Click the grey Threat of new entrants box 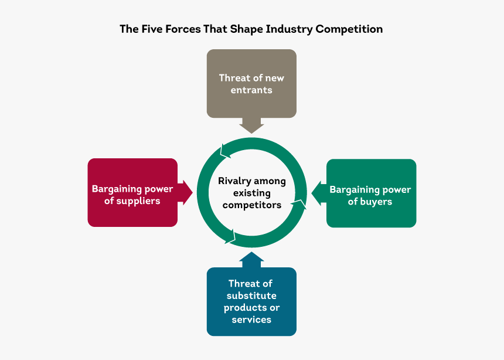click(251, 83)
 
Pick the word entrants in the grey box click(251, 90)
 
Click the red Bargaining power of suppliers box click(132, 192)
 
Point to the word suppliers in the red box click(139, 201)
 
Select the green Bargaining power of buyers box click(371, 193)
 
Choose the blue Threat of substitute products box click(251, 301)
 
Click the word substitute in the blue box click(251, 296)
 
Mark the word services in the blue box click(251, 320)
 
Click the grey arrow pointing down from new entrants click(251, 125)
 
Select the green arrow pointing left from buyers click(318, 193)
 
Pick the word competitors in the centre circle click(252, 205)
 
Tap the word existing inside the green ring click(252, 193)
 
